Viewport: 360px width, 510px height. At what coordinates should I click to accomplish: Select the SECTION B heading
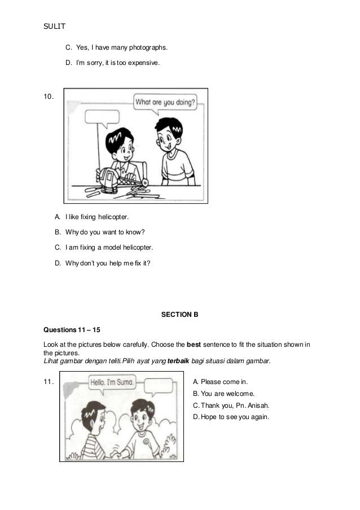(x=180, y=314)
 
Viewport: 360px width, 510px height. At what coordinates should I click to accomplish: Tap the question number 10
(x=49, y=97)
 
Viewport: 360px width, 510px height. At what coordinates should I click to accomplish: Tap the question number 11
(x=49, y=381)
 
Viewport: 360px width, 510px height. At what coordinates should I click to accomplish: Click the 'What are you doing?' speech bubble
(x=165, y=103)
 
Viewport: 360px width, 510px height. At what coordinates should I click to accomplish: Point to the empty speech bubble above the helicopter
(x=102, y=117)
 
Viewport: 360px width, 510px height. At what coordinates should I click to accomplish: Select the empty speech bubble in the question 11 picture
(x=158, y=386)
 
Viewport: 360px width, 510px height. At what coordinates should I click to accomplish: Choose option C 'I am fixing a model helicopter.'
(x=103, y=247)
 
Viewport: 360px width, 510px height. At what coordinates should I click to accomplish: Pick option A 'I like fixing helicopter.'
(x=91, y=216)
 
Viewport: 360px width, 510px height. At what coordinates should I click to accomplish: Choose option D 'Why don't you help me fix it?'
(x=103, y=263)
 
